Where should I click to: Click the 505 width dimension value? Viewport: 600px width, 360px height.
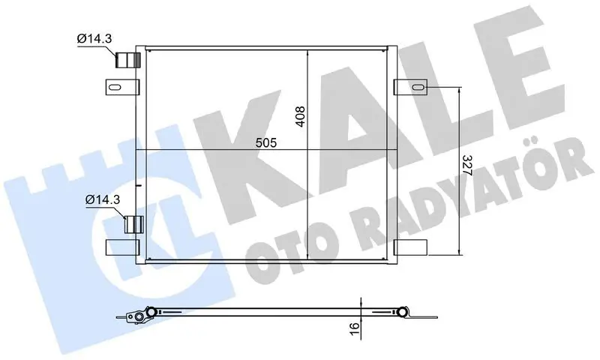tap(266, 142)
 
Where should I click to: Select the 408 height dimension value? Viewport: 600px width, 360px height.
tap(301, 116)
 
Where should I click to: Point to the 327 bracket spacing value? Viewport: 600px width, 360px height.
tap(467, 165)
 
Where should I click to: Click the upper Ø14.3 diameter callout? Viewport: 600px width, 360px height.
tap(94, 38)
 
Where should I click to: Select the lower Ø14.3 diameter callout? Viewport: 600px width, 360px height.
tap(103, 199)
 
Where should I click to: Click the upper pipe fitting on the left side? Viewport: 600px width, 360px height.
tap(128, 60)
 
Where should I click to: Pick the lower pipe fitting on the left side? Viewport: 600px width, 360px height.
tap(134, 224)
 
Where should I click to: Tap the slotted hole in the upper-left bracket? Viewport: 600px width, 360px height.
tap(115, 87)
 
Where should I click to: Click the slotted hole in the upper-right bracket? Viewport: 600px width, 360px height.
tap(418, 88)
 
